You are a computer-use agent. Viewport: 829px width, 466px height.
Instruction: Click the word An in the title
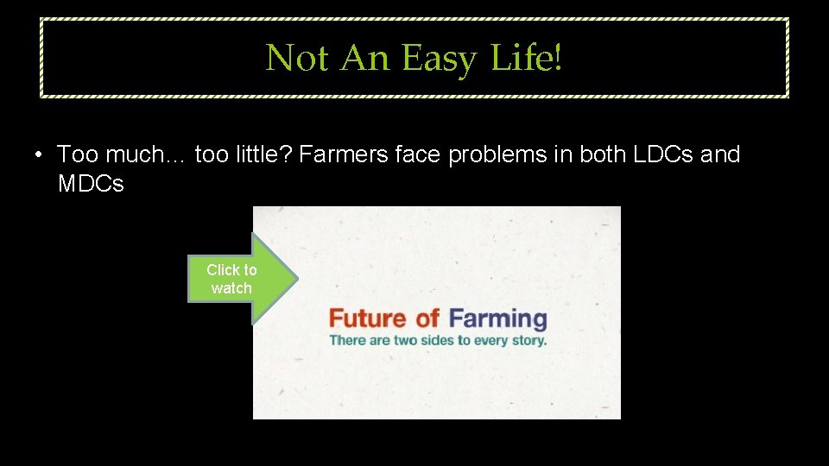[366, 59]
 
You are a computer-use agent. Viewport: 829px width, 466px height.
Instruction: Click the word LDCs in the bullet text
[663, 154]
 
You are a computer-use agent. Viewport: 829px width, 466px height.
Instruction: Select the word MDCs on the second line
[91, 184]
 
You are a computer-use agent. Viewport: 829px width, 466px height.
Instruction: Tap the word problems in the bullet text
[503, 154]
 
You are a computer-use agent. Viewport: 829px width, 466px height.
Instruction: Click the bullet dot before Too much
[40, 155]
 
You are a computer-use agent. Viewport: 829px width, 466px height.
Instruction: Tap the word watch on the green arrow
[231, 288]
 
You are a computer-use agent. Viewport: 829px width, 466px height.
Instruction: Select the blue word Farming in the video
[498, 319]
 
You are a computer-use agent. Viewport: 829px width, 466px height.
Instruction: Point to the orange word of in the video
[428, 318]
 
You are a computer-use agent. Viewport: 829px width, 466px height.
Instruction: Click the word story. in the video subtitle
[528, 340]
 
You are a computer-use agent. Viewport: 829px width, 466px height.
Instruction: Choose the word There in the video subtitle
[346, 340]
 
